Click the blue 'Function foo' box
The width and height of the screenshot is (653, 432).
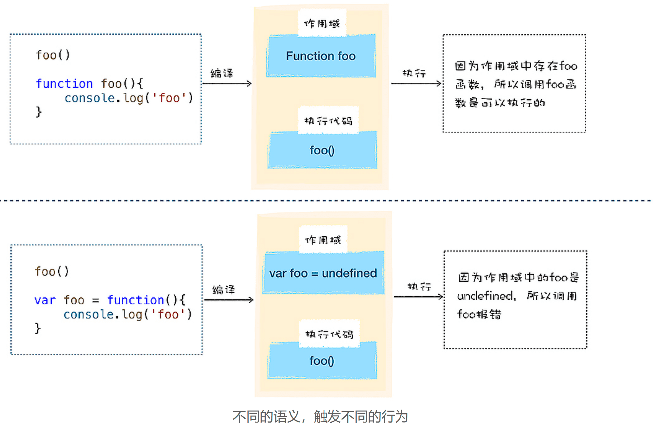click(x=321, y=56)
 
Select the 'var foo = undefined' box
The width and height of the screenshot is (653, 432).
click(x=323, y=273)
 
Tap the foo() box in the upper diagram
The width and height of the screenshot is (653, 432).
click(x=322, y=150)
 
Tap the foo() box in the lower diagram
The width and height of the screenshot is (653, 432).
click(x=322, y=361)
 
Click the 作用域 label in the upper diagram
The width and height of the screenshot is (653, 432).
click(x=322, y=23)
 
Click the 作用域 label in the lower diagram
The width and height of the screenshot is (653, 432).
click(x=323, y=240)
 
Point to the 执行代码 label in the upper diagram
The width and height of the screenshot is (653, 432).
click(x=328, y=121)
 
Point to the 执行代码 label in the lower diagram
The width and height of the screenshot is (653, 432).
click(x=329, y=334)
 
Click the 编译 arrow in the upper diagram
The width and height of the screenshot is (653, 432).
click(x=227, y=83)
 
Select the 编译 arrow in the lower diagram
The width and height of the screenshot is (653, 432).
click(x=229, y=300)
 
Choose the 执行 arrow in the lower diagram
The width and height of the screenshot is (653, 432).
click(x=418, y=297)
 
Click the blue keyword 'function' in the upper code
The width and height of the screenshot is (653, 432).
click(x=64, y=83)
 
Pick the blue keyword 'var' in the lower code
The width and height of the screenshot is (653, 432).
click(x=45, y=300)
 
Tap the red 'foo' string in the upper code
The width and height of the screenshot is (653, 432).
click(x=169, y=98)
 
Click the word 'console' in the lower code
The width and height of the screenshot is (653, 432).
click(x=89, y=314)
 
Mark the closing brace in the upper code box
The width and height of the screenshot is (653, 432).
click(x=39, y=112)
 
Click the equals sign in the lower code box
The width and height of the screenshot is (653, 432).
click(x=95, y=300)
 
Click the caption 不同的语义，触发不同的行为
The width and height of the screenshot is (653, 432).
click(x=320, y=417)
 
